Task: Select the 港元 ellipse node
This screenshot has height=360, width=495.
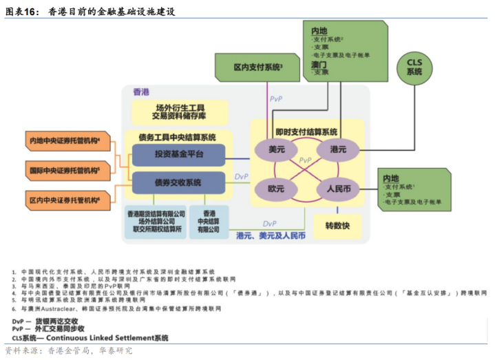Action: click(x=338, y=149)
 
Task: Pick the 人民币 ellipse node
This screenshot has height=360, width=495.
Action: click(x=339, y=187)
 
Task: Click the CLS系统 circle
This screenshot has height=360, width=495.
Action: click(x=414, y=67)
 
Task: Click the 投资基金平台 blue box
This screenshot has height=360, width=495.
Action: click(x=178, y=154)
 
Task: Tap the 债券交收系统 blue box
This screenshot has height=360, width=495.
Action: click(x=178, y=182)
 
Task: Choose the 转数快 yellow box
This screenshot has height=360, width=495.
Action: click(x=338, y=225)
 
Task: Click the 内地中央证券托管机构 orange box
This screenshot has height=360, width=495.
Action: click(x=65, y=141)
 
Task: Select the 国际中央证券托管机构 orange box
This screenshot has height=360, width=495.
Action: click(x=65, y=170)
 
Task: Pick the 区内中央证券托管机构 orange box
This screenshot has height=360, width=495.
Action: click(x=65, y=200)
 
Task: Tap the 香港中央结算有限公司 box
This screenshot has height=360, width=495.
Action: click(x=209, y=221)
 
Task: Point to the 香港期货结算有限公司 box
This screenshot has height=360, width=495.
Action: click(x=156, y=221)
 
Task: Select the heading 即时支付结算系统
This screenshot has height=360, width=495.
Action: click(x=307, y=131)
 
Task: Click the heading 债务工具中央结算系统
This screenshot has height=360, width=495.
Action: click(x=178, y=136)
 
